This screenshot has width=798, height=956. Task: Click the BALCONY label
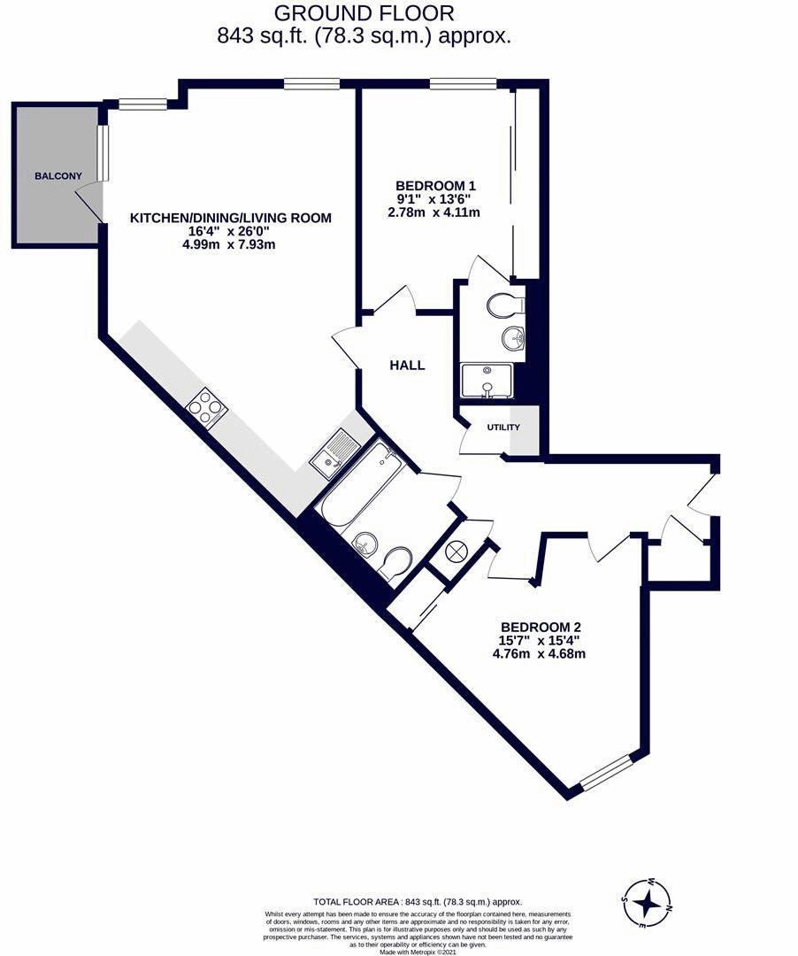58,176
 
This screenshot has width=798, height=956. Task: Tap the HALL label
408,366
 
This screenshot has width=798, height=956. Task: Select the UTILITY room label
503,428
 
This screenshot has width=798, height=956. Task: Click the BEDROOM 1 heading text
435,185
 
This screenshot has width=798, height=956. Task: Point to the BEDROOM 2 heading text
541,627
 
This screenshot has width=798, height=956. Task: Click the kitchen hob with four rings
207,408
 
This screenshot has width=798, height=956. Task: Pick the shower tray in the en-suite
487,381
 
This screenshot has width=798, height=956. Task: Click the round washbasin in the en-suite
513,338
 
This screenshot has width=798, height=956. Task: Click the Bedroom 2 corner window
605,773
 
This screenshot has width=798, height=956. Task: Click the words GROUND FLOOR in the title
364,12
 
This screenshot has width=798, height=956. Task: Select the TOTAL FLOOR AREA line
418,901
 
